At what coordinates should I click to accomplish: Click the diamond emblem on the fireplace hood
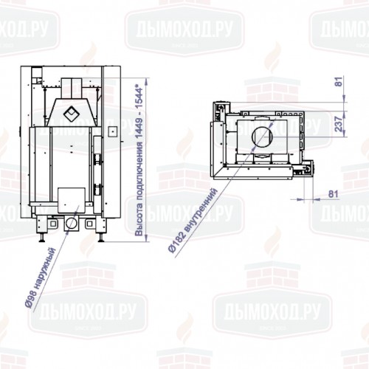[x=72, y=113]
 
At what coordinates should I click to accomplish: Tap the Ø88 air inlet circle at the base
[x=72, y=222]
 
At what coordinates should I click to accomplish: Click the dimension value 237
[x=339, y=126]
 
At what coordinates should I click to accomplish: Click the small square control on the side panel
[x=112, y=131]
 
